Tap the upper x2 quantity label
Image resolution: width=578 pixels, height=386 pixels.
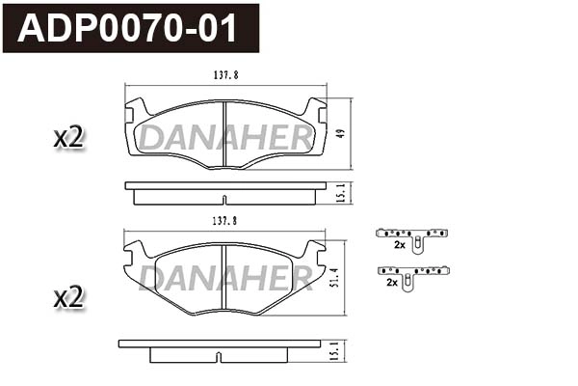coord(69,138)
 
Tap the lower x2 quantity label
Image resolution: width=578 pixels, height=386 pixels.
coord(69,298)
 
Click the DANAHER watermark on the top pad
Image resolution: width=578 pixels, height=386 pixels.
coord(224,140)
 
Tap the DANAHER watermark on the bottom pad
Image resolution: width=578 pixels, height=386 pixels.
coord(224,280)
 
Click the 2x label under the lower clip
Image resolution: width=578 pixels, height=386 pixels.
coord(393,283)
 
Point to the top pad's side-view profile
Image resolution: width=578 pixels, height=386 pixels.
coord(223,193)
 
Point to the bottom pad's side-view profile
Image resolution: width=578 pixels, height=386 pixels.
coord(220,348)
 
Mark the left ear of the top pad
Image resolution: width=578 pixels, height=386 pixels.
coord(134,110)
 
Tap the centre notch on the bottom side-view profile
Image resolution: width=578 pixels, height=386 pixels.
coord(220,357)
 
